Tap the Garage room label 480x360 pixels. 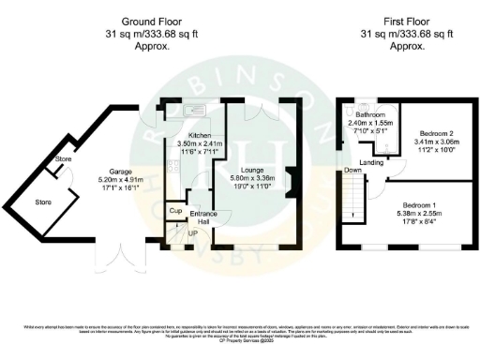pyautogui.click(x=111, y=171)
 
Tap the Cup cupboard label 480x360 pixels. pyautogui.click(x=174, y=212)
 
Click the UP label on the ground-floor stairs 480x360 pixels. pyautogui.click(x=193, y=232)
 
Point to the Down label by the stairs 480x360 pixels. pyautogui.click(x=353, y=171)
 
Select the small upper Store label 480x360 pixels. pyautogui.click(x=64, y=159)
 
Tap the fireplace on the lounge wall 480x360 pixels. pyautogui.click(x=292, y=181)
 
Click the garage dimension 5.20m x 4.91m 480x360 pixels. pyautogui.click(x=111, y=180)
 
